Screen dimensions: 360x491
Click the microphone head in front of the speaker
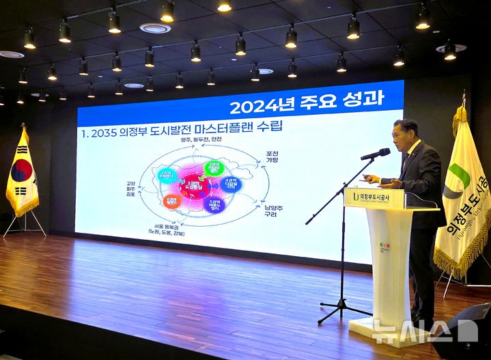click(376, 154)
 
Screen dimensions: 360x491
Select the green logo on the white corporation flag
click(459, 177)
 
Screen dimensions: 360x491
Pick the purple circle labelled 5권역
click(216, 204)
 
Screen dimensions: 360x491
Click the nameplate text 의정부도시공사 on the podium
click(383, 197)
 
